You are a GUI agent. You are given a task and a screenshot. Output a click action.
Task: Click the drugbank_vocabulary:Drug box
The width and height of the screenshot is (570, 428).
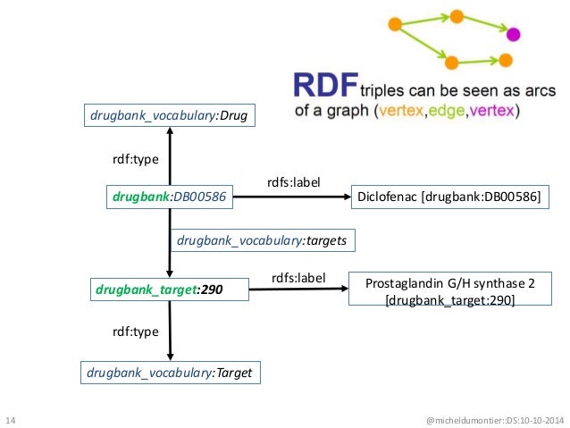pos(169,114)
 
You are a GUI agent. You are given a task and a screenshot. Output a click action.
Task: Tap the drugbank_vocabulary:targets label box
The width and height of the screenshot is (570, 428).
pos(262,239)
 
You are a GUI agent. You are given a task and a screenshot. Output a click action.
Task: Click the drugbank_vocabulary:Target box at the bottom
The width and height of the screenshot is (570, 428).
pos(170,372)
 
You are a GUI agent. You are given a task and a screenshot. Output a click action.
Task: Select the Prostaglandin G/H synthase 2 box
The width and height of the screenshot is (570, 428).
pos(449,290)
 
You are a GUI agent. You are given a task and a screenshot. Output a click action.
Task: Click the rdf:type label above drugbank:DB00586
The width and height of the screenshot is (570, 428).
pos(135,159)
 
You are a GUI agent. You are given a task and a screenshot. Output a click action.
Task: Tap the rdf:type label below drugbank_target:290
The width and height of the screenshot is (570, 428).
pos(135,331)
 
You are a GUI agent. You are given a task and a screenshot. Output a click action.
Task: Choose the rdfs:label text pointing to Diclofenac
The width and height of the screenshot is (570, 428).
pos(293,182)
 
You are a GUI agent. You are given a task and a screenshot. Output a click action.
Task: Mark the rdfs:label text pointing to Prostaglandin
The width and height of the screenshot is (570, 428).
pos(298,278)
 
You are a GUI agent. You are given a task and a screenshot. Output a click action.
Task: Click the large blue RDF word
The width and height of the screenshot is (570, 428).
pos(325,87)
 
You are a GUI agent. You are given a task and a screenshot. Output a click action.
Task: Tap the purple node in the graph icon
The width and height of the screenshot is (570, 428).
pos(513,35)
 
